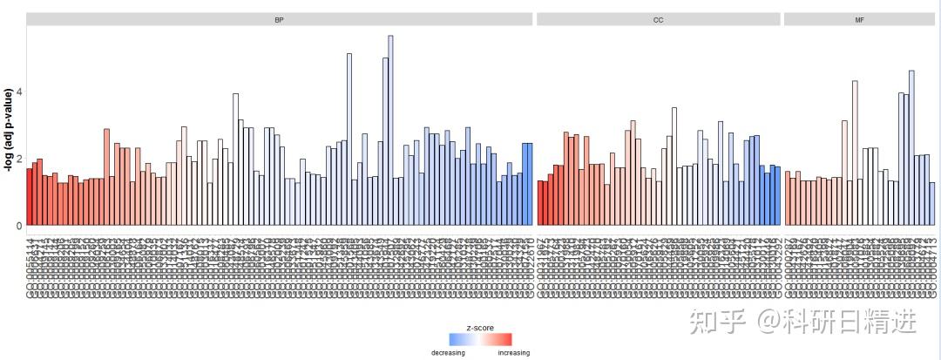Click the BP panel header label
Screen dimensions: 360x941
coord(279,19)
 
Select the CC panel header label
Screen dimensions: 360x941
coord(659,19)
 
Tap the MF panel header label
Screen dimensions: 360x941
coord(859,19)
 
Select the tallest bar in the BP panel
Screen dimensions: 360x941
coord(390,131)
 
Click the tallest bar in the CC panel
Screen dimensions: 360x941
coord(674,166)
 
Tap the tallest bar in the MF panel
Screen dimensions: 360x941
coord(911,148)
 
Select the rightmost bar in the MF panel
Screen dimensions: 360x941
coord(931,204)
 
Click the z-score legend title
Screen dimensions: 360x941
coord(480,328)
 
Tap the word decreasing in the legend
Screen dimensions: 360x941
coord(449,353)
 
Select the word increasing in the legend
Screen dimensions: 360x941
coord(513,353)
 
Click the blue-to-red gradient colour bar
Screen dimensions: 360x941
coord(480,340)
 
